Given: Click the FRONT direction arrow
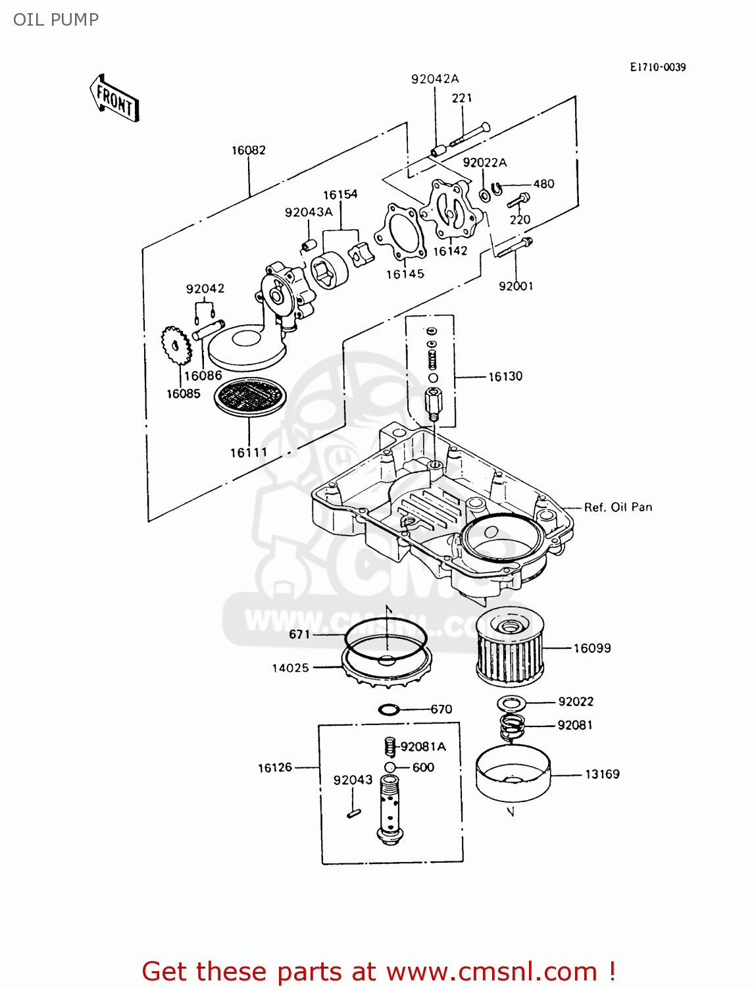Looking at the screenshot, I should pyautogui.click(x=114, y=99).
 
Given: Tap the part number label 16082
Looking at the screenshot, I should pyautogui.click(x=248, y=150).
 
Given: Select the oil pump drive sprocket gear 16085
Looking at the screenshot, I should pyautogui.click(x=176, y=345).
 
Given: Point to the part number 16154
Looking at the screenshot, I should pyautogui.click(x=340, y=194).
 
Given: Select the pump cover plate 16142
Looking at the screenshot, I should pyautogui.click(x=451, y=209).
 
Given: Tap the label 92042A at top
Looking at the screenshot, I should pyautogui.click(x=435, y=79).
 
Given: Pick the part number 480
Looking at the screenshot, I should pyautogui.click(x=543, y=184).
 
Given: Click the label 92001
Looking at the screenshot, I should pyautogui.click(x=516, y=286).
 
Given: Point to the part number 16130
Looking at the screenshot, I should pyautogui.click(x=505, y=376).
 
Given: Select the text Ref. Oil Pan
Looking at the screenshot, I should pyautogui.click(x=618, y=507).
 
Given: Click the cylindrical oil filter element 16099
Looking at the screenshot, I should pyautogui.click(x=511, y=648).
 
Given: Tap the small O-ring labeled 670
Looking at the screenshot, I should pyautogui.click(x=389, y=709).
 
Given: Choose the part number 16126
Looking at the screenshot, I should pyautogui.click(x=274, y=767).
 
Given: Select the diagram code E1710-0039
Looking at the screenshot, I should pyautogui.click(x=657, y=67).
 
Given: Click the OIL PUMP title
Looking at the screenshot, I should pyautogui.click(x=56, y=20).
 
